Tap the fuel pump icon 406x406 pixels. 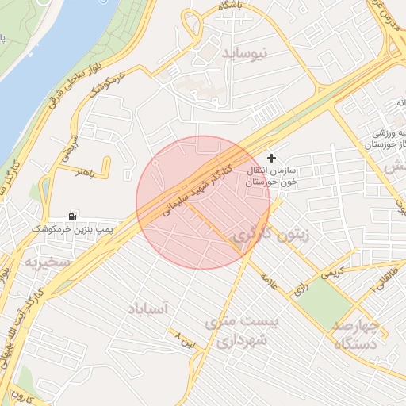coord(73,216)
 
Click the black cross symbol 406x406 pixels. coord(272,159)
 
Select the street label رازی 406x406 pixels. coord(301,290)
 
